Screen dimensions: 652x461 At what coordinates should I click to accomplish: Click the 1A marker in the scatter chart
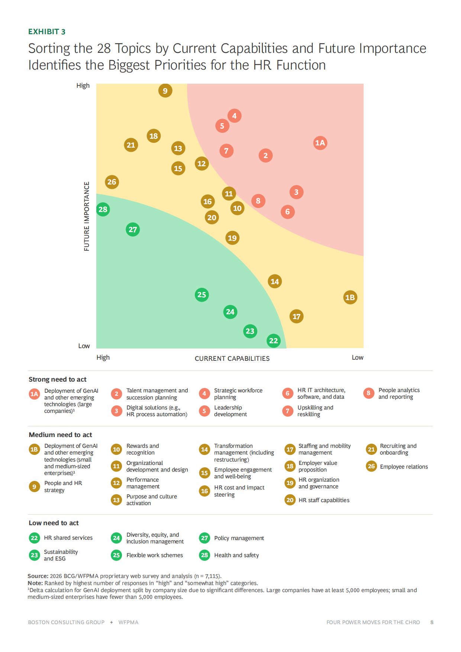tap(320, 143)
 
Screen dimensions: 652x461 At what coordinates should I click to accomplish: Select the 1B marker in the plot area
tap(350, 297)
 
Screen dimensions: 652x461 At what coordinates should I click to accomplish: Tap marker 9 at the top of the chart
tap(165, 90)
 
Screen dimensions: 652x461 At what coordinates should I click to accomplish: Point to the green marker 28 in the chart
tap(103, 209)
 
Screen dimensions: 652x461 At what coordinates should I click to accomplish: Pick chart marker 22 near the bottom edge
tap(274, 341)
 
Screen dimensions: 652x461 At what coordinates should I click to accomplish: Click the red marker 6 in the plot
tap(287, 212)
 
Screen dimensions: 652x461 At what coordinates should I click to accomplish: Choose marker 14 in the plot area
tap(275, 282)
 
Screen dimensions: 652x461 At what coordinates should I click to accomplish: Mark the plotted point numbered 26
tap(112, 182)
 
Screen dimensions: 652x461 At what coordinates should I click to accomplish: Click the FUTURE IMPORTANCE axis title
tap(87, 216)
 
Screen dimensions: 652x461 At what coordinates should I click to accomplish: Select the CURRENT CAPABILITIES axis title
tap(232, 359)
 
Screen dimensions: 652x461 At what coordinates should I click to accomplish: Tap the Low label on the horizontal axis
tap(357, 357)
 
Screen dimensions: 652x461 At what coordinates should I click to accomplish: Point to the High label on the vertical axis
tap(83, 86)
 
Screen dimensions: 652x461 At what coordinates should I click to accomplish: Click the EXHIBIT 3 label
tap(47, 32)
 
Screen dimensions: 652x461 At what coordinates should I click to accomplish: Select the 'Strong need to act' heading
tap(58, 379)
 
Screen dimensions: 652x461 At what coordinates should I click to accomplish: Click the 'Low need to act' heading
tap(54, 523)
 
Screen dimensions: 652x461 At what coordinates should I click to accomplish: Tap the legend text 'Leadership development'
tap(230, 411)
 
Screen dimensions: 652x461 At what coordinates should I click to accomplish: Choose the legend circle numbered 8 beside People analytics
tap(368, 393)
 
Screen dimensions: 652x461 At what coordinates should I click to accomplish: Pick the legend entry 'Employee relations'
tap(404, 467)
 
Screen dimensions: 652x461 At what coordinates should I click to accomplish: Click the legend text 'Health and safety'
tap(236, 555)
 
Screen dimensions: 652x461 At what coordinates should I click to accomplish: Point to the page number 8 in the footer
tap(432, 622)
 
